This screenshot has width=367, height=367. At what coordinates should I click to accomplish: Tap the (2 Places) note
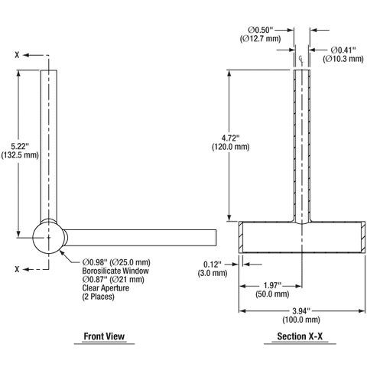pyautogui.click(x=98, y=296)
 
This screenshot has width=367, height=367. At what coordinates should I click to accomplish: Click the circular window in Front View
pyautogui.click(x=47, y=238)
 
